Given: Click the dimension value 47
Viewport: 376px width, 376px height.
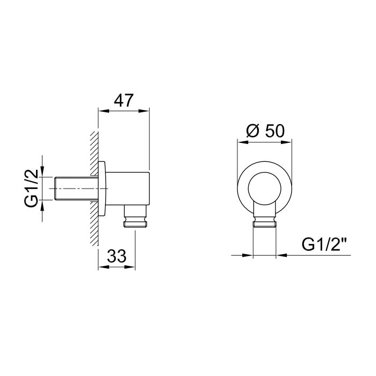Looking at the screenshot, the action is point(124,100).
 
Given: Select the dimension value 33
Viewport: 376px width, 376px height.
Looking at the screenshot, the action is point(117,256).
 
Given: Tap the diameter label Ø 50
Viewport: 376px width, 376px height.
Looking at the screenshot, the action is point(265,131).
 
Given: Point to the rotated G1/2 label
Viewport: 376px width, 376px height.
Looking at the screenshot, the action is point(31,188).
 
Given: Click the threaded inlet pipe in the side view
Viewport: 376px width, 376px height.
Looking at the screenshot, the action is point(76,189).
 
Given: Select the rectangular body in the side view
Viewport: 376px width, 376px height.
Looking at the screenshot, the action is point(128,189).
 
